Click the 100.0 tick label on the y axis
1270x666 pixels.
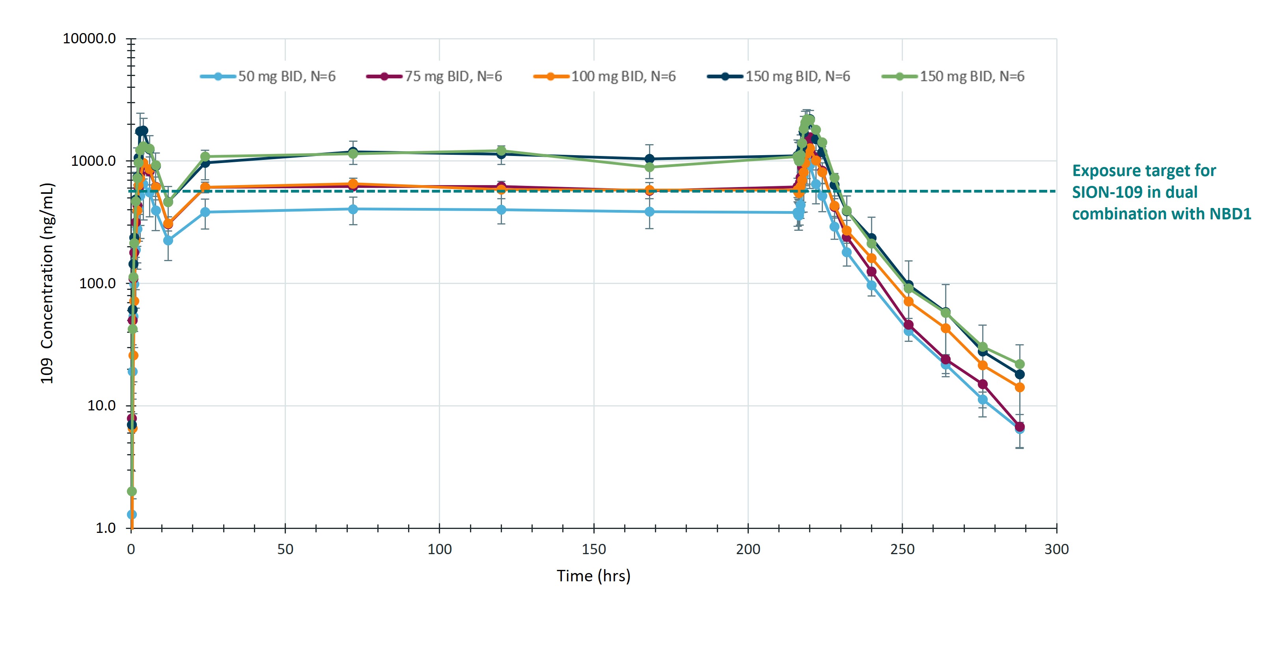[x=98, y=283]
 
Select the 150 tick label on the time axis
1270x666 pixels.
[x=593, y=549]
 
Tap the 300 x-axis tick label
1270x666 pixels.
[x=1057, y=549]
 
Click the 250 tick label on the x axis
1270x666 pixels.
[x=902, y=549]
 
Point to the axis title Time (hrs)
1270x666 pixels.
[x=593, y=576]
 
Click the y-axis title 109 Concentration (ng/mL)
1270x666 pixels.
[x=47, y=283]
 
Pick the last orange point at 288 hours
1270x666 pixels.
[x=1020, y=388]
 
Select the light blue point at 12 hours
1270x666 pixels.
[x=168, y=240]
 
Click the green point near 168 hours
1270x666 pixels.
[x=649, y=167]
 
